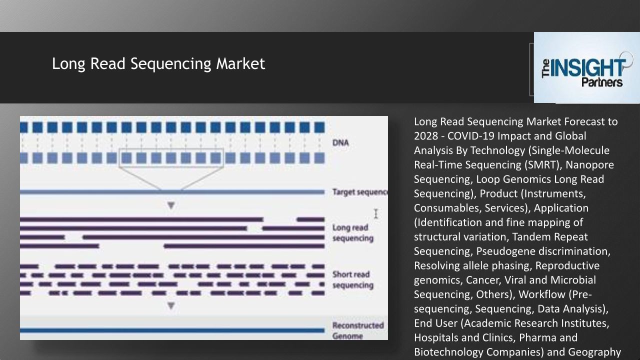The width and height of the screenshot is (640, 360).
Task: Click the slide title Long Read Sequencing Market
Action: (158, 64)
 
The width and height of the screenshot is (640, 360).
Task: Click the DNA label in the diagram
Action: (340, 143)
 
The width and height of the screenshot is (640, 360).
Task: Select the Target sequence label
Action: (359, 192)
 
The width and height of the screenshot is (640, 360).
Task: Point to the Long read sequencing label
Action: (352, 233)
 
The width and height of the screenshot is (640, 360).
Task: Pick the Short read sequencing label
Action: (352, 280)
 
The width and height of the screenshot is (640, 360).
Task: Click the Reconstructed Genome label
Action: (357, 330)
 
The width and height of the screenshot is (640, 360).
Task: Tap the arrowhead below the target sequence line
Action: (171, 205)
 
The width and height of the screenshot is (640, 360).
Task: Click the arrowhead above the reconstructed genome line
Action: (171, 305)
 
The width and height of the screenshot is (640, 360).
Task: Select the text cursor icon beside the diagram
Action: (375, 214)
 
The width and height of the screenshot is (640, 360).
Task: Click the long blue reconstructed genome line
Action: (172, 330)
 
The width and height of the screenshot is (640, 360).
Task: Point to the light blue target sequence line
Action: (172, 192)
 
